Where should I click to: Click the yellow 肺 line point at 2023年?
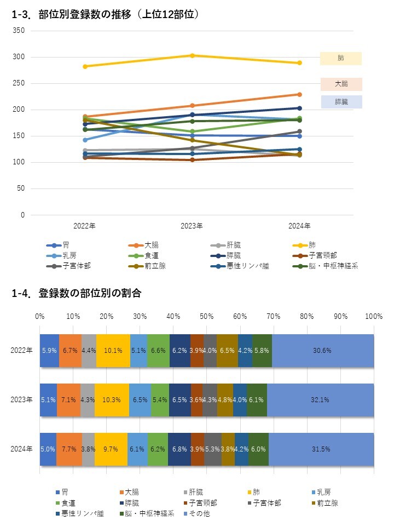tap(192, 55)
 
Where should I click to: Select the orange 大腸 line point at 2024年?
tap(299, 94)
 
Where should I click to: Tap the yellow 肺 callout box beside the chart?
tap(341, 58)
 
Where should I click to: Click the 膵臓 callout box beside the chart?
tap(341, 102)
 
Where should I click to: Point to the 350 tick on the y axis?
tap(19, 31)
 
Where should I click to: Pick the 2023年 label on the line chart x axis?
tap(192, 226)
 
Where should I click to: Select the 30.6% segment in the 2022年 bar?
tap(323, 351)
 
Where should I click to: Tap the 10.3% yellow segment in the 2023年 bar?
tap(112, 400)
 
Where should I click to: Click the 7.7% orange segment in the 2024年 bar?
tap(69, 449)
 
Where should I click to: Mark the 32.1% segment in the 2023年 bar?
tap(320, 400)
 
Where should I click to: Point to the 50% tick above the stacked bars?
tap(206, 317)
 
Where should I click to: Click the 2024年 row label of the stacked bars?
tap(22, 449)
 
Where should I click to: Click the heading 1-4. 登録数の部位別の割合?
tap(77, 294)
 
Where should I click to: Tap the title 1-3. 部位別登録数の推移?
tap(104, 15)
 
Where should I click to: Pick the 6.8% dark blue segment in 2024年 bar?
tap(179, 449)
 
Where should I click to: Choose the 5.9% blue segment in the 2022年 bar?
tap(49, 351)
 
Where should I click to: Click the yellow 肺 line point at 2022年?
tap(85, 66)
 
